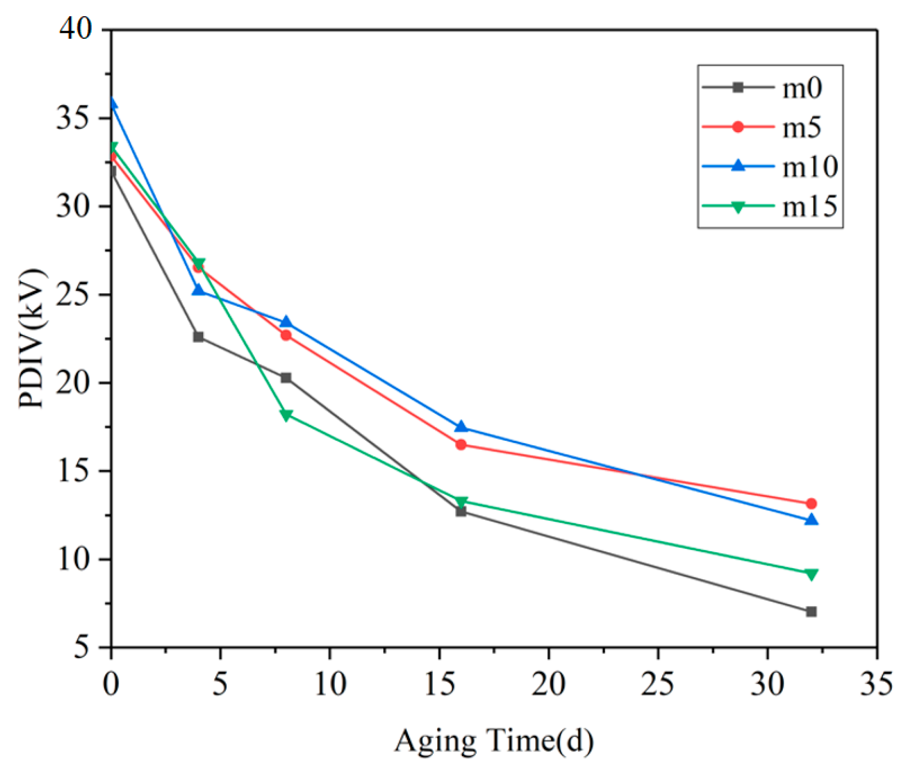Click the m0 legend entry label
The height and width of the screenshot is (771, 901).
pos(801,88)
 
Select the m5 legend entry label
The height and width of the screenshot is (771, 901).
pos(801,128)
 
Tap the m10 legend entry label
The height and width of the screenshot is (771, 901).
pos(809,167)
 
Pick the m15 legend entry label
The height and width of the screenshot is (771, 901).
pos(809,207)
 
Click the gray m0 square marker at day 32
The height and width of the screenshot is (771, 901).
pos(811,612)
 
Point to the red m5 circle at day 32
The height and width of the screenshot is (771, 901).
pos(811,503)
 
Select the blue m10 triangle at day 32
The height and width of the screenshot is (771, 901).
pos(811,520)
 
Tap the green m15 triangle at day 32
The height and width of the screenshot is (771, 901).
pos(811,574)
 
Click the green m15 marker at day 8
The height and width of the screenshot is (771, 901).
pos(286,415)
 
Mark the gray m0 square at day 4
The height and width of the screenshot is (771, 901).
pos(198,337)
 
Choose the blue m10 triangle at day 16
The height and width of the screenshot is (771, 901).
pos(461,427)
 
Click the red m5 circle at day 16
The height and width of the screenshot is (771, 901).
pos(461,445)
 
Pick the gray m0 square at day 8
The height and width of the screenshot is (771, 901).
pos(286,378)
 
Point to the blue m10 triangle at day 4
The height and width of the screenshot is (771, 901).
pos(198,290)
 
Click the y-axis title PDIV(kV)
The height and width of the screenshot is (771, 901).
pos(32,338)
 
